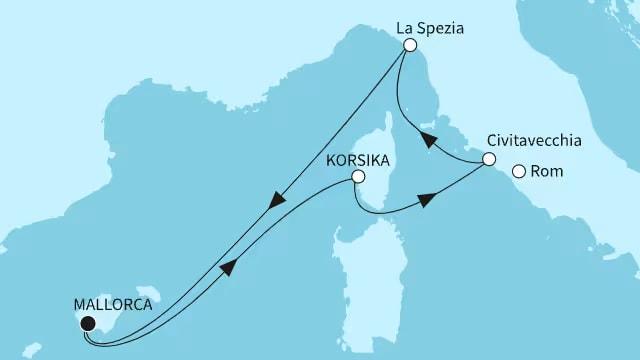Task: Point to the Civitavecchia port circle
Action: [x=488, y=159]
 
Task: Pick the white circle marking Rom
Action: [x=518, y=172]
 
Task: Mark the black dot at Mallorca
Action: [x=87, y=323]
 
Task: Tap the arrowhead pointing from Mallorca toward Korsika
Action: [x=229, y=267]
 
